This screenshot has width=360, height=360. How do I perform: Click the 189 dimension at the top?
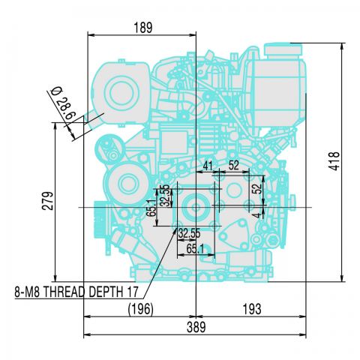(x=142, y=28)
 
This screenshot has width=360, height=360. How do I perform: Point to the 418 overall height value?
(x=335, y=161)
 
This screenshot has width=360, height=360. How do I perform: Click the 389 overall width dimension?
(x=195, y=328)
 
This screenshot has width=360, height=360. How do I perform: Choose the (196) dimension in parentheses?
(x=140, y=308)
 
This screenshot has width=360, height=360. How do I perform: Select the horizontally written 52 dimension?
(x=233, y=165)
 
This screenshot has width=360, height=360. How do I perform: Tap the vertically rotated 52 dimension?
(x=257, y=189)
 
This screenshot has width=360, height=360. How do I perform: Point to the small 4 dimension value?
(x=257, y=214)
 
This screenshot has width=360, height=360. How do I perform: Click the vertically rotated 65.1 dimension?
(x=153, y=207)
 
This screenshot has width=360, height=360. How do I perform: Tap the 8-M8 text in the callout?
(x=28, y=292)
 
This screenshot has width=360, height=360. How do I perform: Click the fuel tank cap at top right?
(x=283, y=52)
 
